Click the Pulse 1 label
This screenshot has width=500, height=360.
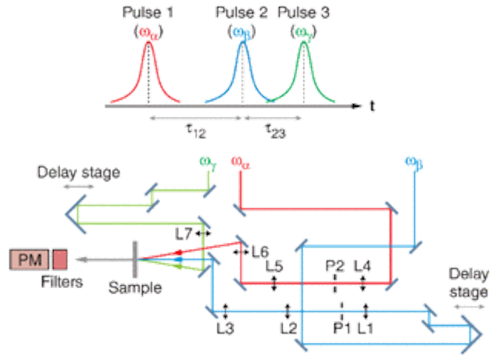148,12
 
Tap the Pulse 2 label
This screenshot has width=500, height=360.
241,12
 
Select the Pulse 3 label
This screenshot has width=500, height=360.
304,12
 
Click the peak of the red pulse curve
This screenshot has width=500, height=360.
148,43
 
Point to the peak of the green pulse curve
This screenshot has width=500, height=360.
304,43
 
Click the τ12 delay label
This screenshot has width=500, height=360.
196,131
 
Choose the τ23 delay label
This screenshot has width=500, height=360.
276,131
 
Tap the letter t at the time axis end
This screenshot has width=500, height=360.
372,106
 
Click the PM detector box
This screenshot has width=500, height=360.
30,259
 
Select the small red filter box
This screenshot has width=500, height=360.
60,259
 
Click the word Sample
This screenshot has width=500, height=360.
135,288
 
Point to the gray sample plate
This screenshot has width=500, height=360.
135,259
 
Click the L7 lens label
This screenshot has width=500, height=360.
184,235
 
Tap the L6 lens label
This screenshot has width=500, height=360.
260,252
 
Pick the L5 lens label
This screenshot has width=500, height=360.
274,266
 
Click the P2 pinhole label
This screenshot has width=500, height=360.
335,266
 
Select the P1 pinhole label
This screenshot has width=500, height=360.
342,328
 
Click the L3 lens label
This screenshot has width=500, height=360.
226,328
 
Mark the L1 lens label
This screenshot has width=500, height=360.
366,328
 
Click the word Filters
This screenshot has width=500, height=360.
62,282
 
